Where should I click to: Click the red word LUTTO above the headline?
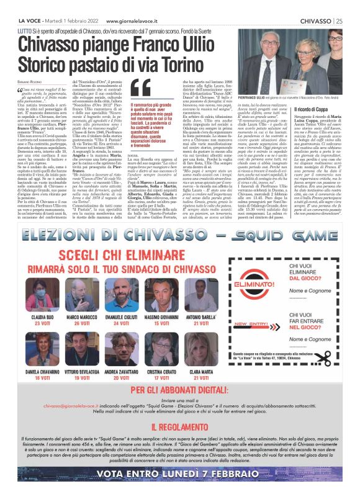pyautogui.click(x=26, y=30)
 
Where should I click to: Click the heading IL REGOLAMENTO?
pyautogui.click(x=179, y=428)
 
